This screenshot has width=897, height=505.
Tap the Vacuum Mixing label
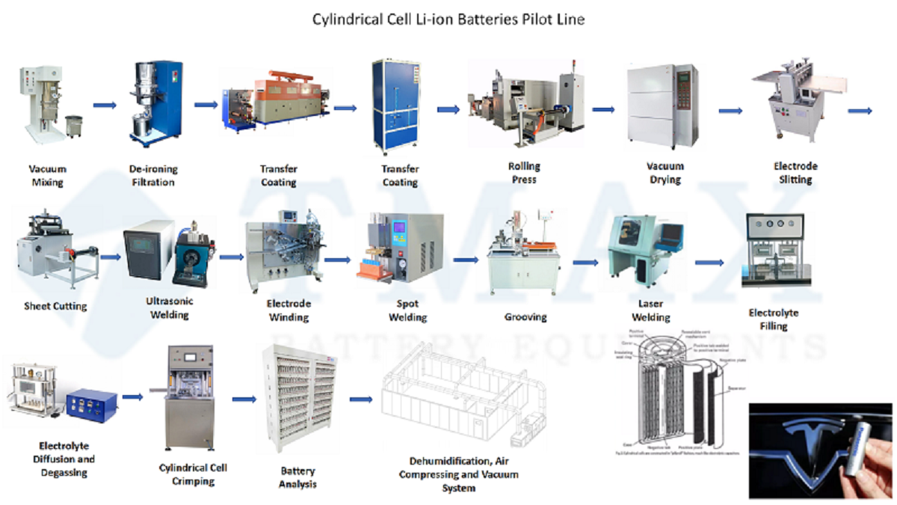click(x=46, y=175)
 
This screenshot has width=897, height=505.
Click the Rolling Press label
click(x=523, y=173)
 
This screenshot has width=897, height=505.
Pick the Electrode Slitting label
click(x=795, y=173)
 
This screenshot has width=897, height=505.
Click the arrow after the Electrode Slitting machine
click(x=860, y=111)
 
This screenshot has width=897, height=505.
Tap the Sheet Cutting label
click(x=55, y=306)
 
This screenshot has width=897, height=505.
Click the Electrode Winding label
click(x=289, y=310)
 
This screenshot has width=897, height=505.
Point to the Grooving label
click(x=525, y=317)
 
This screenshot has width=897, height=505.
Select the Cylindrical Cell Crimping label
click(x=193, y=474)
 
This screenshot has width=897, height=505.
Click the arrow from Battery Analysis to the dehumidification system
click(x=361, y=400)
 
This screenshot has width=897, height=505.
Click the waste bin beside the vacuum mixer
click(x=73, y=126)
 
